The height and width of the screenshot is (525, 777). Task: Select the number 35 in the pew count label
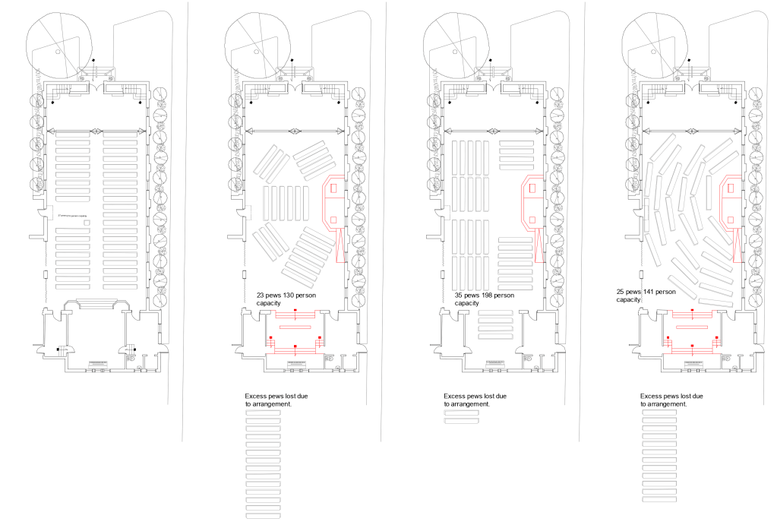pos(460,295)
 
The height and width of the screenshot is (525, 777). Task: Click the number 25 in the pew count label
pos(623,292)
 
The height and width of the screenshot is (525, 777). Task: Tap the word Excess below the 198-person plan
pos(456,397)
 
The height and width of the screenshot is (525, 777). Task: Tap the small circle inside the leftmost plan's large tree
pos(58,52)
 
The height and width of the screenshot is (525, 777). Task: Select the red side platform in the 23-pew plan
pos(334,201)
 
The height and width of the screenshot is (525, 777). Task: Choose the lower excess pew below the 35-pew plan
pos(460,421)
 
